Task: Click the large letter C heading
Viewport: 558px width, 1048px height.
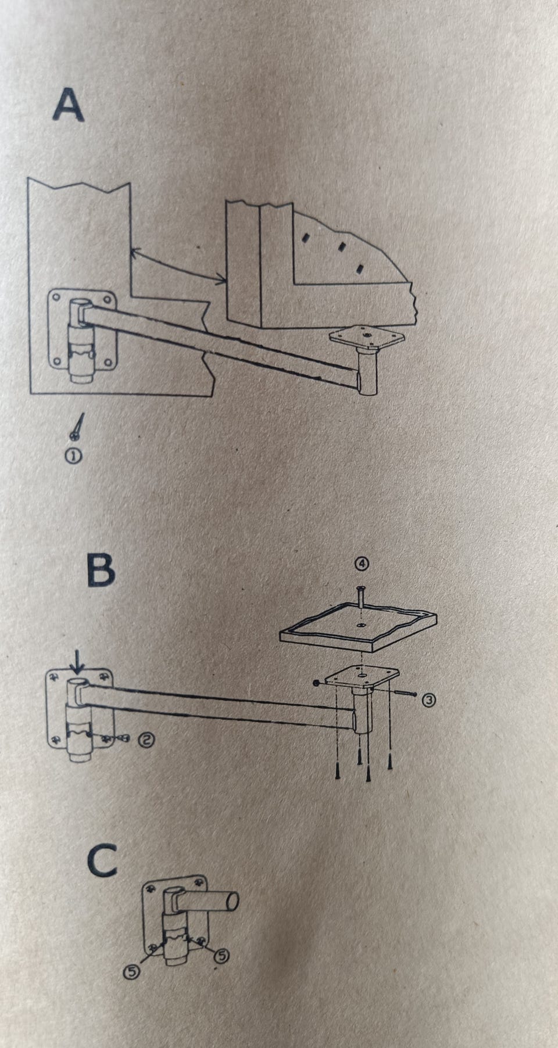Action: (102, 861)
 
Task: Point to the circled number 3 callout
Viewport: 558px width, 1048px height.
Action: (430, 700)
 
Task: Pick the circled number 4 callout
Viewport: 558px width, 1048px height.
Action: (362, 563)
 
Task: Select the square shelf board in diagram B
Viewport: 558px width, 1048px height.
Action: (359, 630)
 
